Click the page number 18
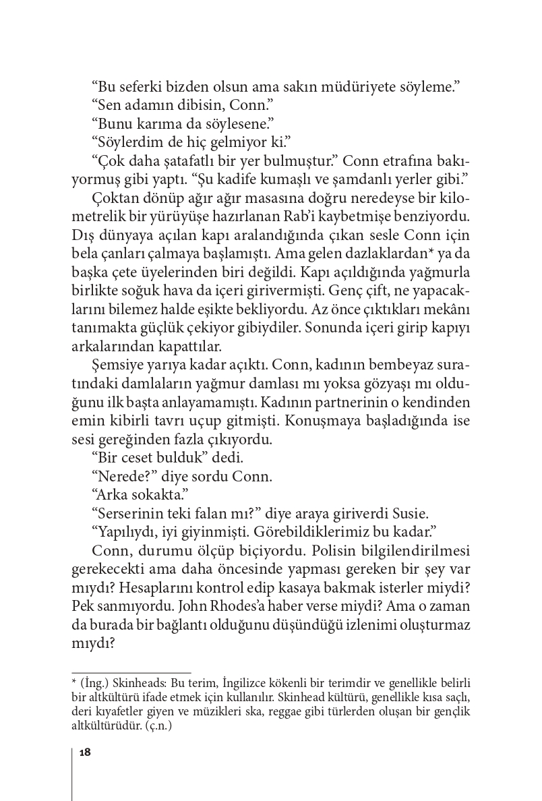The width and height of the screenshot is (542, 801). coord(85,752)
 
